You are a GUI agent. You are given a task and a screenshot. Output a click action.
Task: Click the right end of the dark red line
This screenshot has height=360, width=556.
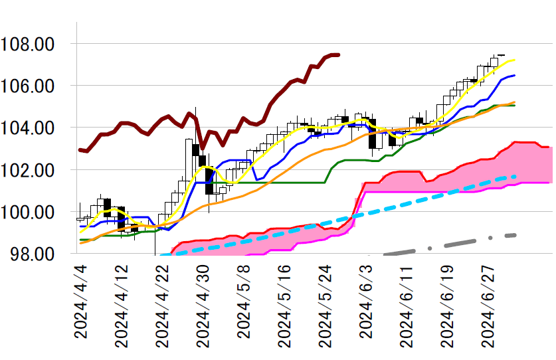tap(339, 54)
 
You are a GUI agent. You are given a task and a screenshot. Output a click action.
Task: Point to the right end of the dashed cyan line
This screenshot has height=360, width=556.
tap(515, 176)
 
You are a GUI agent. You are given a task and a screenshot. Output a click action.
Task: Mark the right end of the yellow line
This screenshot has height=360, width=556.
tap(515, 60)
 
